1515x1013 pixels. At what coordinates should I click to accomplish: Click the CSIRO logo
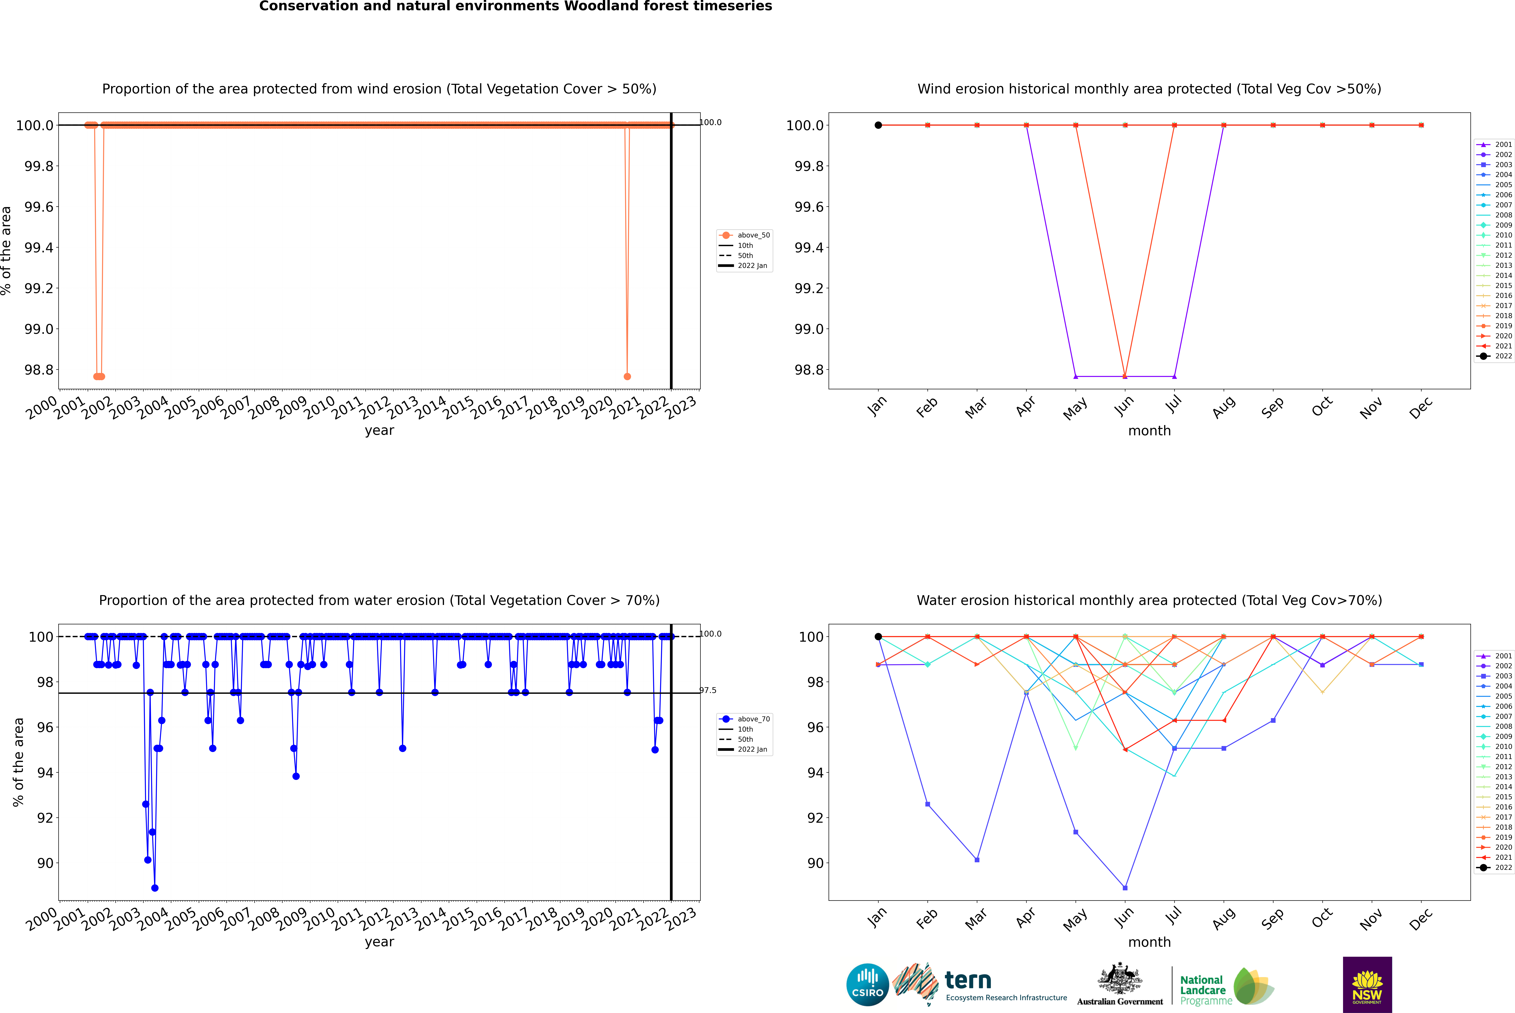point(867,985)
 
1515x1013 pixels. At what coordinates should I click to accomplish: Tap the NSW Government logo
point(1367,985)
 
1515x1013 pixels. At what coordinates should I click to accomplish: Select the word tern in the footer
point(967,980)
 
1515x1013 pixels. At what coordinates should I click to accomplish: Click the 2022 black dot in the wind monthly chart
point(878,125)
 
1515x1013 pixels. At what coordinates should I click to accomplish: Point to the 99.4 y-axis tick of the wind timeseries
point(39,247)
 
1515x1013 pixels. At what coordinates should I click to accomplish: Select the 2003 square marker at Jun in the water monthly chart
point(1125,888)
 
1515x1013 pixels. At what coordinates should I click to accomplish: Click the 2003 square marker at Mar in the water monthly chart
point(977,860)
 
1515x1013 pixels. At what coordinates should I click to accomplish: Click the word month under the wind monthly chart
point(1149,431)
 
